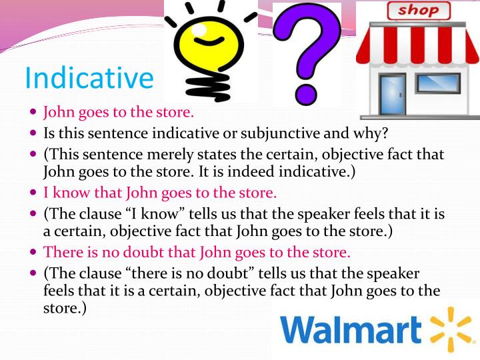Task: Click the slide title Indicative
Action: tap(89, 78)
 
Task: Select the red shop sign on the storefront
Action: tap(418, 11)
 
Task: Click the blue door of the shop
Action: tap(392, 93)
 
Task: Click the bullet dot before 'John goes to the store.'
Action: tap(33, 112)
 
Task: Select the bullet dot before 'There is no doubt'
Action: tap(33, 253)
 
